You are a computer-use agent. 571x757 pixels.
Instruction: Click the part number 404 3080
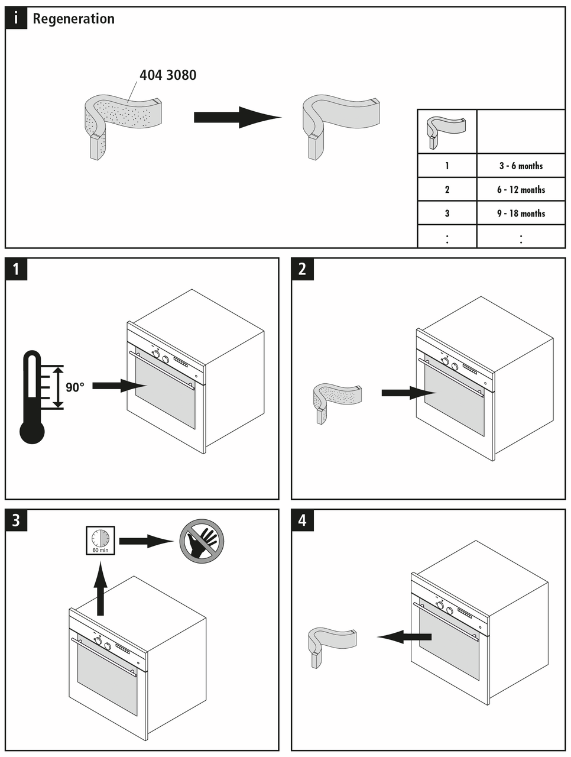[168, 75]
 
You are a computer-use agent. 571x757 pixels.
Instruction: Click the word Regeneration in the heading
[73, 19]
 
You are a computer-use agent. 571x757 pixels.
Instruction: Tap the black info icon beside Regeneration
[17, 18]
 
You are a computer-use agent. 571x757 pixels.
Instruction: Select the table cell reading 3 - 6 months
[521, 166]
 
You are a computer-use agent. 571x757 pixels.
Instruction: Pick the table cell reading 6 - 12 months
[521, 190]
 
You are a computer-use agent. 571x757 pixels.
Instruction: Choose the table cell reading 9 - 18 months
[521, 213]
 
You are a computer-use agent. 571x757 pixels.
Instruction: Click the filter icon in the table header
[446, 132]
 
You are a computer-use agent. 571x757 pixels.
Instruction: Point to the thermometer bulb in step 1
[32, 431]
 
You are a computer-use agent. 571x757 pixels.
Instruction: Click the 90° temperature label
[75, 387]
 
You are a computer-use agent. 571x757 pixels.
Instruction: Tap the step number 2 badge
[303, 269]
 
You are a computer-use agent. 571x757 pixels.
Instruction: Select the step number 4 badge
[303, 520]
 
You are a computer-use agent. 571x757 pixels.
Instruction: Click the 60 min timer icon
[100, 540]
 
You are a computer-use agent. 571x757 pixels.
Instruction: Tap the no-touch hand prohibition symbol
[202, 541]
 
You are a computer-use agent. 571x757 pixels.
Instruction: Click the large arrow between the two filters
[236, 117]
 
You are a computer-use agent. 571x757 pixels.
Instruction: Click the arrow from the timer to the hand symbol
[145, 541]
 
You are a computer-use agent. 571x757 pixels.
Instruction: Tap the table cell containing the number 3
[447, 213]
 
